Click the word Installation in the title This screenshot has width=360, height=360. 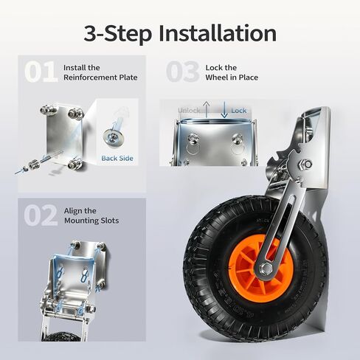[x=218, y=33]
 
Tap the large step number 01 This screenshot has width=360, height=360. [x=41, y=72]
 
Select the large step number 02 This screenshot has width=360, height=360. [x=41, y=215]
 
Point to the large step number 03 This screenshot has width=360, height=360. [x=182, y=72]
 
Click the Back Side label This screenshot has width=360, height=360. [x=117, y=158]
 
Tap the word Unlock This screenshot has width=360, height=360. [x=189, y=111]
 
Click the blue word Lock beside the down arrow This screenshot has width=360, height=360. [x=238, y=111]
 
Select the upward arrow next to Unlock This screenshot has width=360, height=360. [x=207, y=110]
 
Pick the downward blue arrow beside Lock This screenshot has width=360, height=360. [x=224, y=110]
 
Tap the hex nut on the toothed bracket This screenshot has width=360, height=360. [x=306, y=163]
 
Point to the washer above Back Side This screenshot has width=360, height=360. [x=114, y=136]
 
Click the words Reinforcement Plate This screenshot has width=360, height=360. [x=100, y=77]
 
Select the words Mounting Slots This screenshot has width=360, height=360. [x=91, y=221]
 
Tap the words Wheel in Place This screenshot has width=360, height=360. [x=232, y=77]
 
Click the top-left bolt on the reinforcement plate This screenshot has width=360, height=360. [x=47, y=109]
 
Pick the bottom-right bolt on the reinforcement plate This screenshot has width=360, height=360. [x=75, y=163]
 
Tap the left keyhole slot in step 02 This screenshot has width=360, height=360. [x=60, y=274]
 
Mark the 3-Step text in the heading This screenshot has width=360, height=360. [x=117, y=33]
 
